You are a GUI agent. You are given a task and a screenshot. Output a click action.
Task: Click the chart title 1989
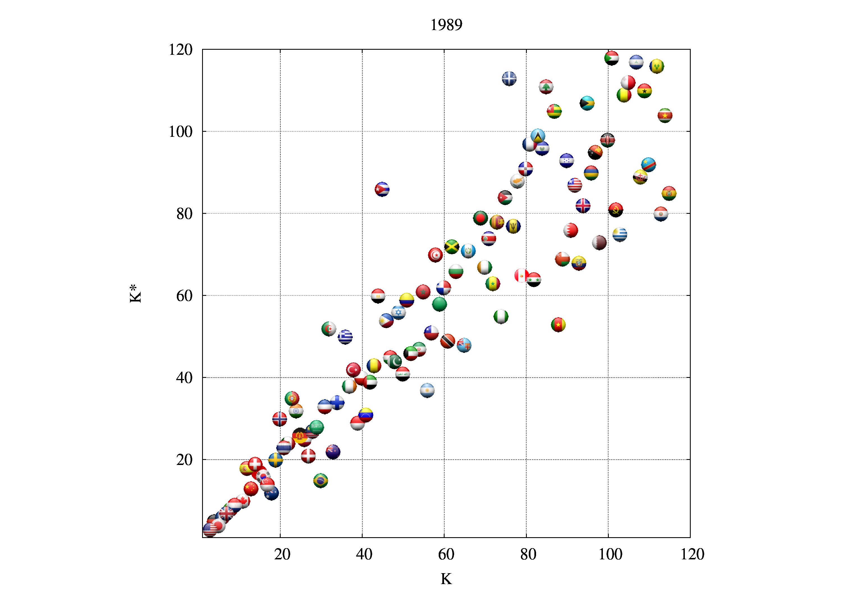(x=446, y=25)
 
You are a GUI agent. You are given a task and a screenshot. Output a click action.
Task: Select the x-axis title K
(x=446, y=579)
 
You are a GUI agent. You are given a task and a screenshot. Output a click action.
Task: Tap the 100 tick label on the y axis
(x=180, y=131)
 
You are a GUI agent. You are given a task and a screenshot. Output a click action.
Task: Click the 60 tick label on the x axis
(x=446, y=554)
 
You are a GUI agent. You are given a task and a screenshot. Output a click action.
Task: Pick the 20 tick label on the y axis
(x=184, y=460)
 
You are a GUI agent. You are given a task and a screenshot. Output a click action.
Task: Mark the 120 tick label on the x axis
(x=692, y=554)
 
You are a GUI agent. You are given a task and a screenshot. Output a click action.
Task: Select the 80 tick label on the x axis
(x=528, y=554)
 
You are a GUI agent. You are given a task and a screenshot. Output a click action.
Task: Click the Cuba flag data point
(x=382, y=189)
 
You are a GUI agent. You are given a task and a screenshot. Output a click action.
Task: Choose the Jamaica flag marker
(x=452, y=246)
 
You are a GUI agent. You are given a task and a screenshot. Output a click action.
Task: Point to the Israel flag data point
(x=398, y=312)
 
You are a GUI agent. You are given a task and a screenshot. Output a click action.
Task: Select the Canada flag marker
(x=243, y=500)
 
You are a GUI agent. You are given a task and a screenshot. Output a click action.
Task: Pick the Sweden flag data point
(x=275, y=460)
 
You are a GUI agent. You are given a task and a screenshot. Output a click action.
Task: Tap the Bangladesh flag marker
(x=481, y=218)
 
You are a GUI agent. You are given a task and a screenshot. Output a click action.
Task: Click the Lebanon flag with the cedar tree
(x=546, y=87)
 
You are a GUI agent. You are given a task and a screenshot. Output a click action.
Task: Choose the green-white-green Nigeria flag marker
(x=501, y=316)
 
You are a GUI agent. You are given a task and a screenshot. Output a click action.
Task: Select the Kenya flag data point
(x=607, y=140)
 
